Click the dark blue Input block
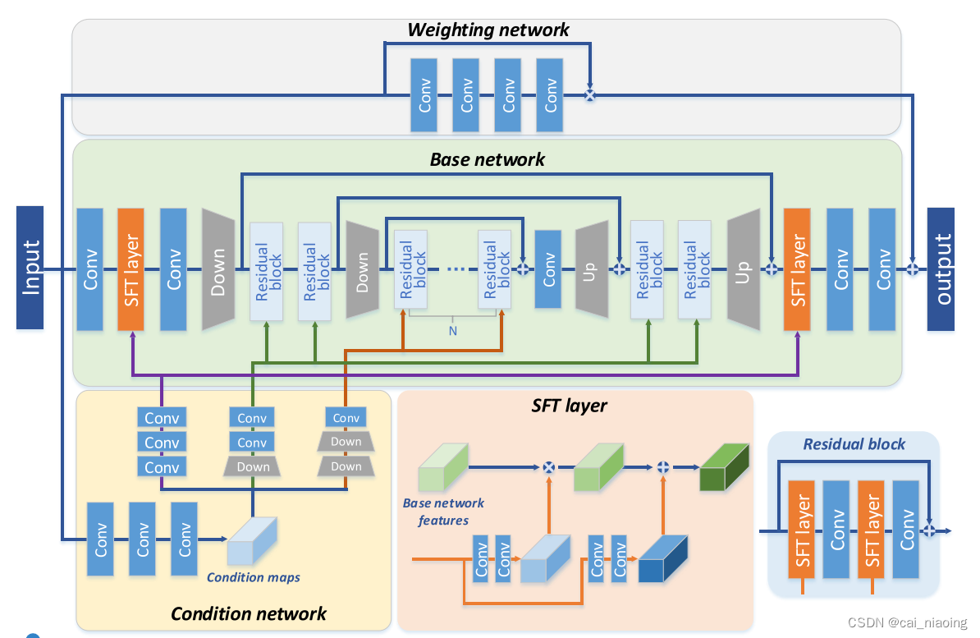coord(30,268)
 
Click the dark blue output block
coord(941,269)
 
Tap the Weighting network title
coord(488,30)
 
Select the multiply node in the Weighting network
coord(589,95)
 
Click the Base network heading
coord(488,159)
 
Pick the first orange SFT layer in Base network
coord(131,269)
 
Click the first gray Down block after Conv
coord(218,269)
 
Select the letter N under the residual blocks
coord(452,331)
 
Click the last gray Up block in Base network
coord(742,269)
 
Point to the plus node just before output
coord(913,269)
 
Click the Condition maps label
coord(253,577)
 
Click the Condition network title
coord(248,613)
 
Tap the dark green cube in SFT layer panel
coord(724,467)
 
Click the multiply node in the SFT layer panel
coord(549,467)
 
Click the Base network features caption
coord(443,512)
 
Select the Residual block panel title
coord(854,444)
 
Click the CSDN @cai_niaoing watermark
coord(907,622)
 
